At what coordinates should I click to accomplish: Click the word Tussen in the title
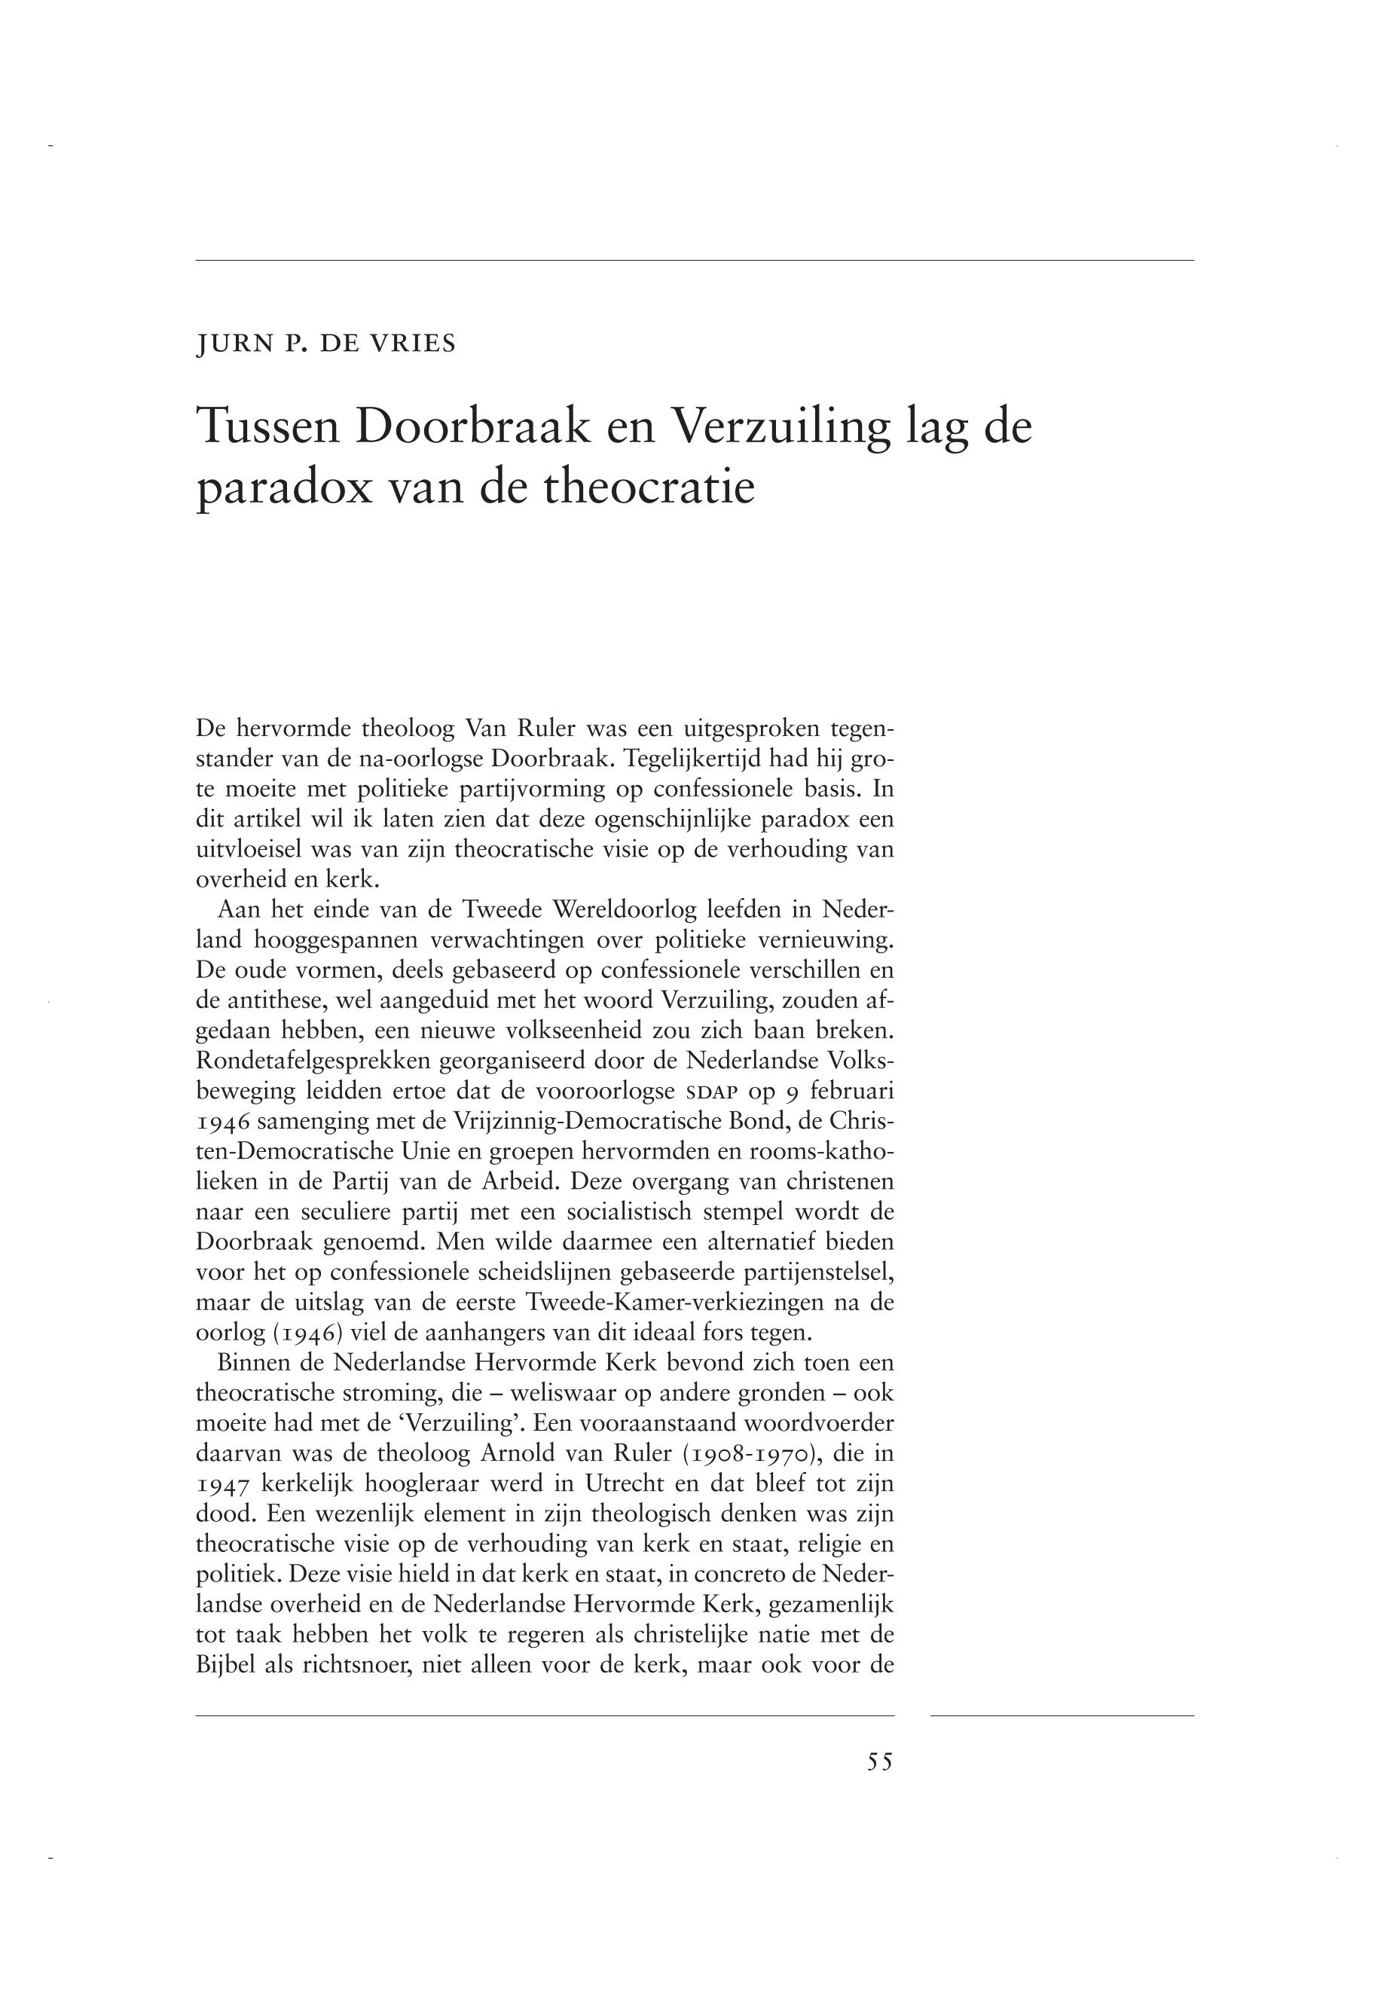[x=263, y=426]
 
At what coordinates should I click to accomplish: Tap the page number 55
[x=880, y=1762]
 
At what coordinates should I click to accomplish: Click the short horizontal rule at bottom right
[x=1062, y=1715]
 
